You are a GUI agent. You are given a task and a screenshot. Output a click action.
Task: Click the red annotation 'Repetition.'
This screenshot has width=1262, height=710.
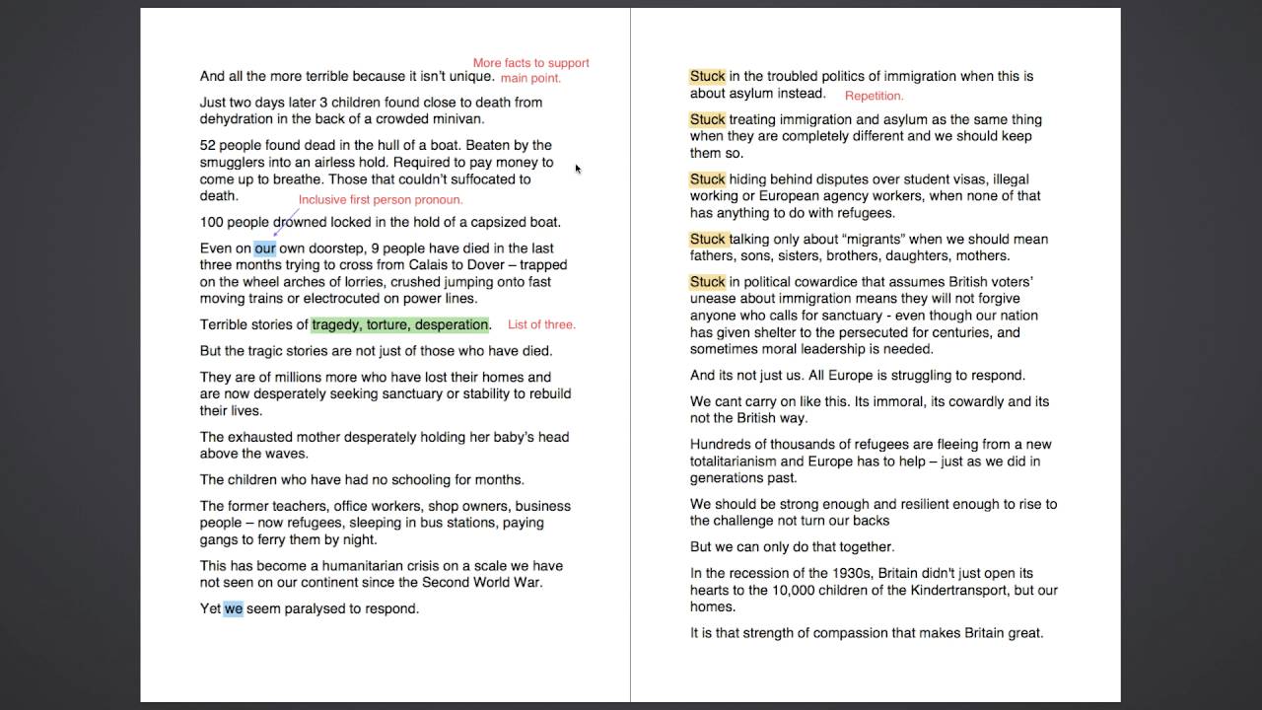[874, 96]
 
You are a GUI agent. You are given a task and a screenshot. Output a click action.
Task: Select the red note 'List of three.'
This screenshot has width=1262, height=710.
[541, 324]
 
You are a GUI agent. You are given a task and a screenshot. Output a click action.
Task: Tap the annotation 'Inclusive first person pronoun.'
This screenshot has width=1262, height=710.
[381, 200]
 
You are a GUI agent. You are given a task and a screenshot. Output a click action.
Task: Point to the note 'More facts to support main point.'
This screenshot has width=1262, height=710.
[530, 70]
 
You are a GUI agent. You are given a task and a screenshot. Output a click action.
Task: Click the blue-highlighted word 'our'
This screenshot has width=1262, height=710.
[265, 248]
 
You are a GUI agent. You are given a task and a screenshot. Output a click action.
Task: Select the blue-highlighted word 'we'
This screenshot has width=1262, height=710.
[233, 608]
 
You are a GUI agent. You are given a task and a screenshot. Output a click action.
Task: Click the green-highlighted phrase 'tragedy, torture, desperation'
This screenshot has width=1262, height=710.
[400, 324]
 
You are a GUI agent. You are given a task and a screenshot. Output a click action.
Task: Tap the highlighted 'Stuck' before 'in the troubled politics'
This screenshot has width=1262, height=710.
[707, 76]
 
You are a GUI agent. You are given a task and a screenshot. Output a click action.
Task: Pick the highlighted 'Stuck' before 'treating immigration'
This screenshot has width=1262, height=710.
[707, 119]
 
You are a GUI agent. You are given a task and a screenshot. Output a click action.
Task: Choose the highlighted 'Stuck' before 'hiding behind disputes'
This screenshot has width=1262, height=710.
[707, 179]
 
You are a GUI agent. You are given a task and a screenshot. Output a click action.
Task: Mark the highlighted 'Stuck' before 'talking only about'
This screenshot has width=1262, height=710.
[707, 239]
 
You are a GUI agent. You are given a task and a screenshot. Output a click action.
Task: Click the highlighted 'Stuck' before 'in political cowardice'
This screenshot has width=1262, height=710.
[707, 282]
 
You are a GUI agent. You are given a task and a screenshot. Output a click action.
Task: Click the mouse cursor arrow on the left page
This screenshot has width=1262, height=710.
[578, 169]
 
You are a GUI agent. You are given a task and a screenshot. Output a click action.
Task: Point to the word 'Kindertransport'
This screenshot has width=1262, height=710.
[970, 590]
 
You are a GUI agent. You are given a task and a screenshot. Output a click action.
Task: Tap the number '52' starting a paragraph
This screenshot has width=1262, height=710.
[208, 145]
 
